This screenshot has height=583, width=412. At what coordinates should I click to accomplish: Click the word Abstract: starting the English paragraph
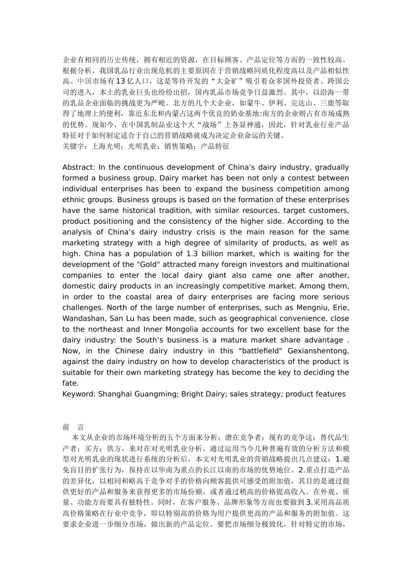[x=78, y=167]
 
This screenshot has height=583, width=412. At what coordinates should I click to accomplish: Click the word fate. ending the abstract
[x=71, y=383]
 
